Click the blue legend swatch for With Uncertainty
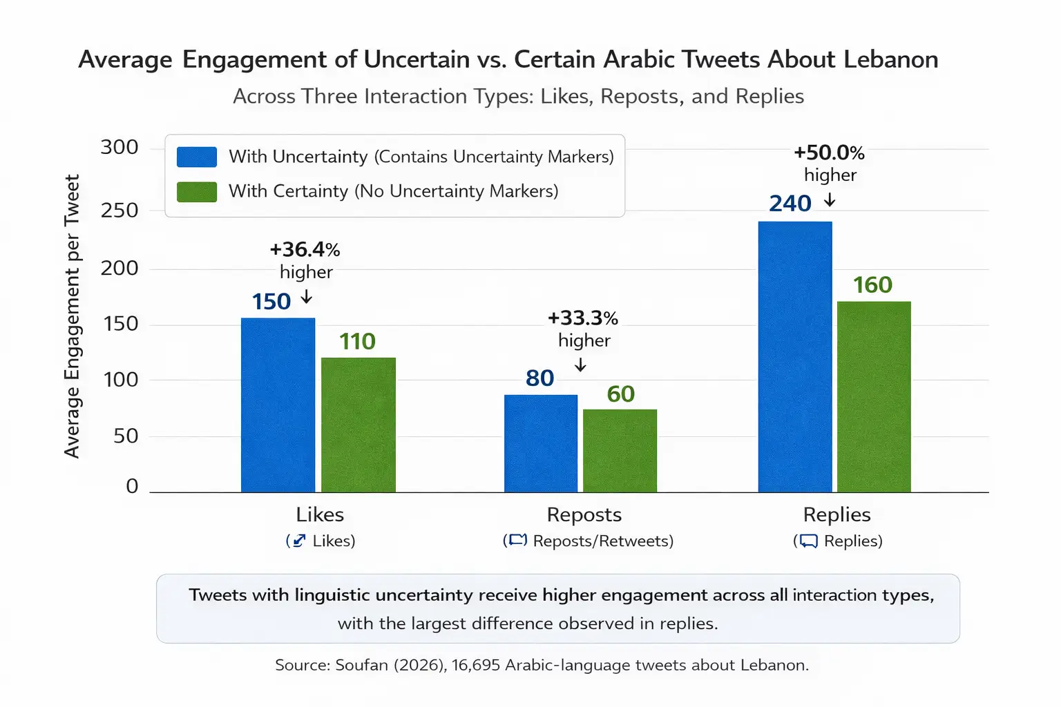(197, 157)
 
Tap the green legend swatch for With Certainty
(197, 191)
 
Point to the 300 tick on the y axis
(120, 148)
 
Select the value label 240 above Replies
(790, 204)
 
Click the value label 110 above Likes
(357, 342)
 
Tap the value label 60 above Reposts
(620, 394)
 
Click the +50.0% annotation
(829, 153)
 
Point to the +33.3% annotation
(582, 318)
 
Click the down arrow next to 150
(307, 298)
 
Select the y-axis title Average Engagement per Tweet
(72, 316)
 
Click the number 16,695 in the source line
(476, 665)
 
